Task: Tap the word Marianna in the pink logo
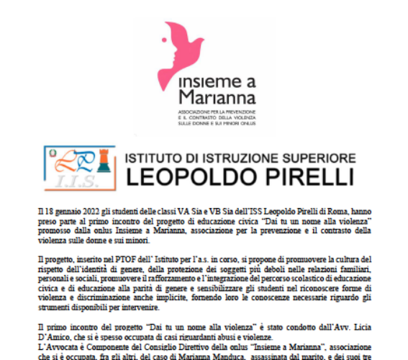[201, 97]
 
